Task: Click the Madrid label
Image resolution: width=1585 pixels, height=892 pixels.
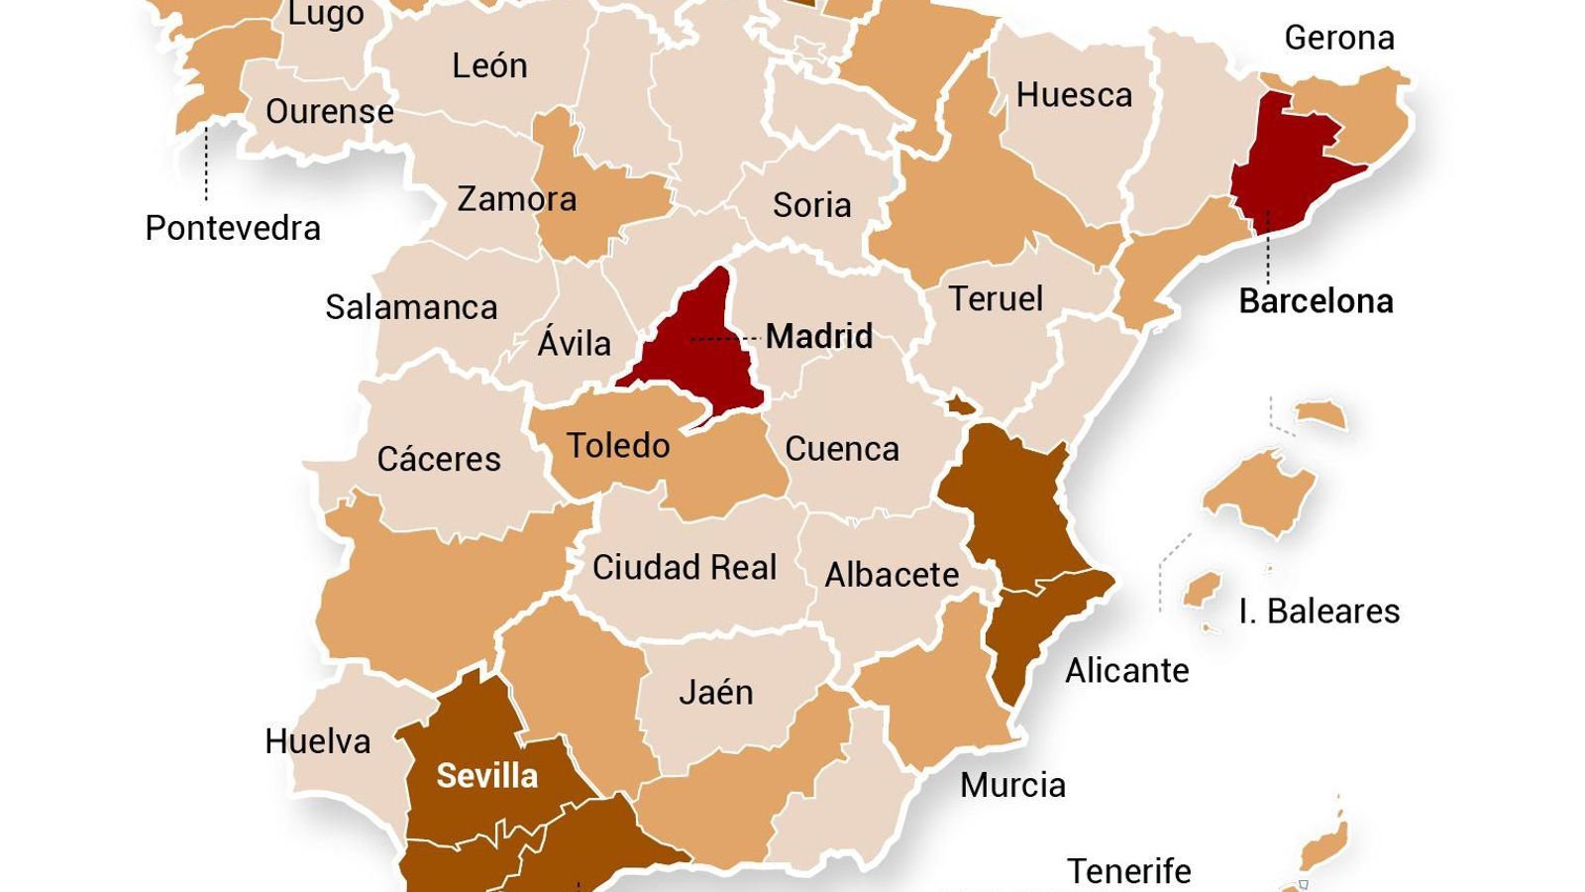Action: click(819, 337)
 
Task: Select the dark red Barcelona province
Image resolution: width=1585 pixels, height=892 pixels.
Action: click(1284, 168)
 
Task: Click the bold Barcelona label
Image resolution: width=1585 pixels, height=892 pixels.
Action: click(1316, 301)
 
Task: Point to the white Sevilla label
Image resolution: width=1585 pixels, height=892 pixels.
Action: click(486, 776)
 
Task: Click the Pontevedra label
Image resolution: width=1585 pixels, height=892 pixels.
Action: click(233, 229)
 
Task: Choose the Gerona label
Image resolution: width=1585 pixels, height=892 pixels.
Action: click(1339, 39)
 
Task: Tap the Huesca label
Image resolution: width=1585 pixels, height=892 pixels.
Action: click(1074, 96)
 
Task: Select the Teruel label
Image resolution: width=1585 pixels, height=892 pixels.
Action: click(996, 299)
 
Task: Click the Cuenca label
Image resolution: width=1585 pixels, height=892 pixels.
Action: click(842, 450)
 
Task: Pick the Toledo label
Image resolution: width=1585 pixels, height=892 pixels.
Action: click(618, 446)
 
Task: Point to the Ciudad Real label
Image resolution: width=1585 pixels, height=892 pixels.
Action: click(685, 568)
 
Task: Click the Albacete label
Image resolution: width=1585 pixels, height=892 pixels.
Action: click(892, 575)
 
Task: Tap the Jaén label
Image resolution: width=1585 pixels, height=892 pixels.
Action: click(715, 692)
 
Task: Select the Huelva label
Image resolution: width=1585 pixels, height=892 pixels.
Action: click(317, 741)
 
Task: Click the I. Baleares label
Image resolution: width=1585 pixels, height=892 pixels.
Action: click(1319, 612)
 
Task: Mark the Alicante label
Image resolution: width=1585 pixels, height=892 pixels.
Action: click(1126, 671)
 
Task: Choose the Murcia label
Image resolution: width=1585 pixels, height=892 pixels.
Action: click(1012, 785)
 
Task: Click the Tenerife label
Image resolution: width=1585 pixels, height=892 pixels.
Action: click(1128, 871)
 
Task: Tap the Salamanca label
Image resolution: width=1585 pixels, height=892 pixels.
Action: click(411, 307)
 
